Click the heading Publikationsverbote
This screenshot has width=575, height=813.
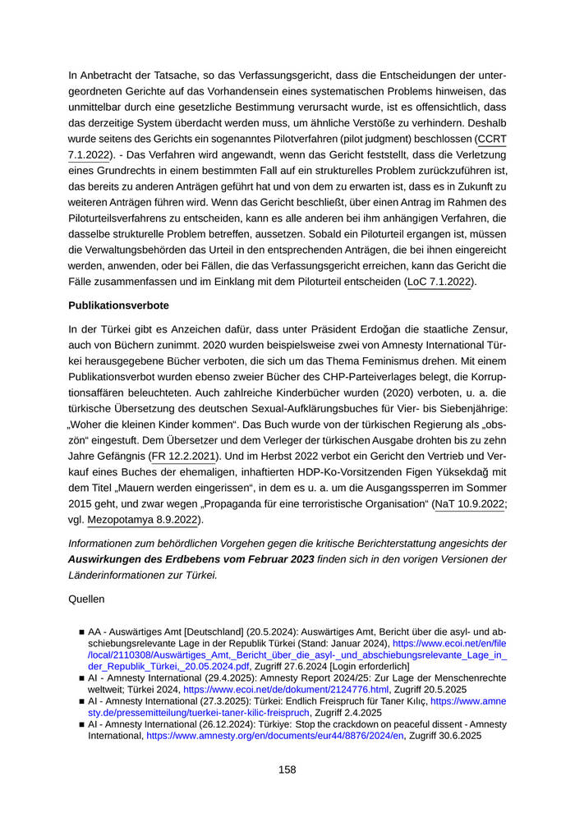click(x=118, y=305)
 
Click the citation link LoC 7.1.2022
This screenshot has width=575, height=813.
click(x=439, y=282)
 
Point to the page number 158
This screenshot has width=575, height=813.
click(x=287, y=769)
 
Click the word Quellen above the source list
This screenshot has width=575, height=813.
click(x=87, y=599)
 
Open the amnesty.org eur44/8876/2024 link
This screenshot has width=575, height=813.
click(x=275, y=737)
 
